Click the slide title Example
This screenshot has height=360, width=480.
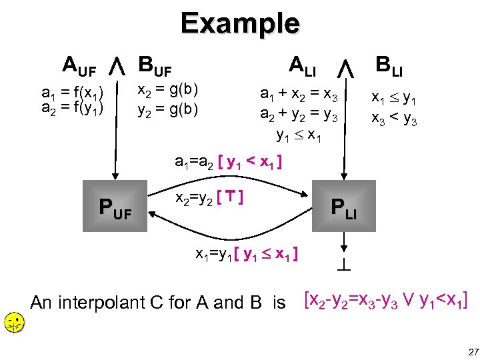pos(240,23)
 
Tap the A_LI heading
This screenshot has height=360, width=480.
pos(303,65)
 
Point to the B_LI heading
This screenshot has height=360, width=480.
pos(393,65)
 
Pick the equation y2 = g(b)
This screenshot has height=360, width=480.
pos(167,107)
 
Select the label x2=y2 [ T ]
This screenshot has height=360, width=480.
pos(208,197)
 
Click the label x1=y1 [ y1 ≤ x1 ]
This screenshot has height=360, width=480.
pos(246,254)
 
